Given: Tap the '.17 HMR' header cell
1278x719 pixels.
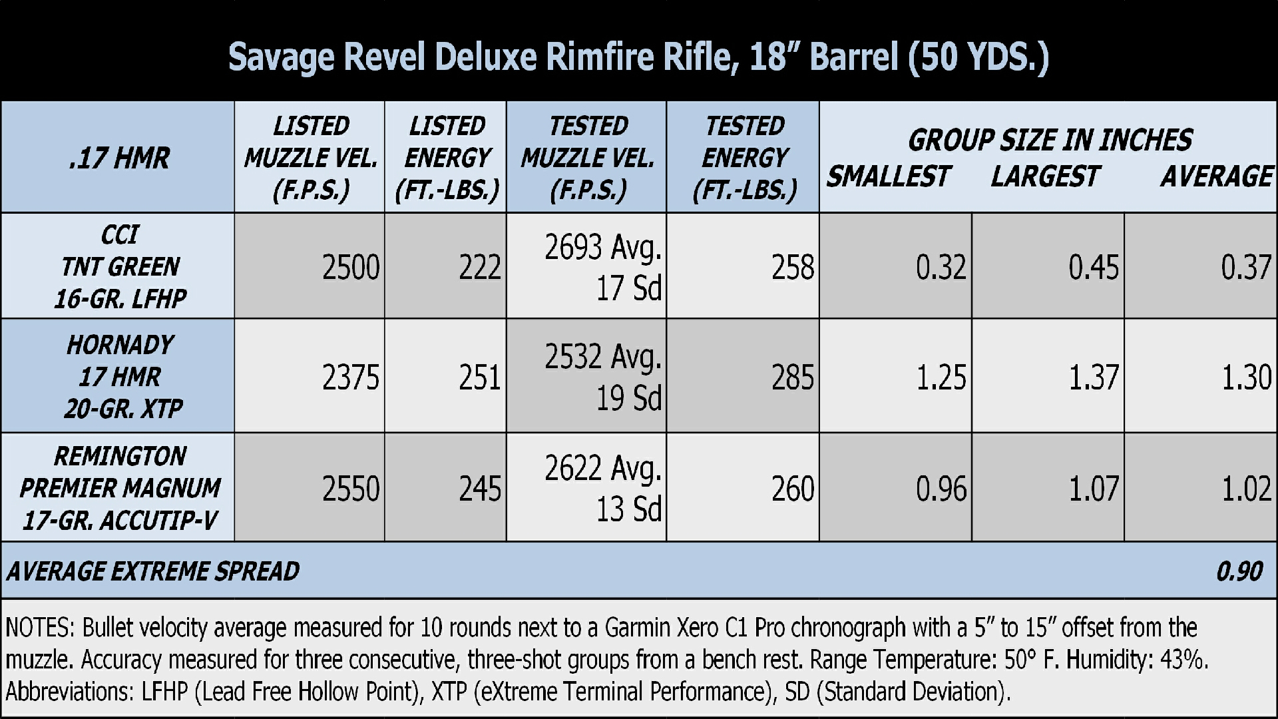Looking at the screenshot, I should tap(119, 158).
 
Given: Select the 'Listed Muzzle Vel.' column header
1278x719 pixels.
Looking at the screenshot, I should tap(310, 158).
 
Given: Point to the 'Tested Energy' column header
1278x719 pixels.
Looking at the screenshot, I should tap(744, 158).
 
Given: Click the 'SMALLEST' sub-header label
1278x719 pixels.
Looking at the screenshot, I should tap(888, 176).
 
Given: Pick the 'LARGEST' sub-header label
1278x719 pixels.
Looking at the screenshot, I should tap(1044, 176).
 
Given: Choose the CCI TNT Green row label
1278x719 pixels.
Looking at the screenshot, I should tap(120, 266).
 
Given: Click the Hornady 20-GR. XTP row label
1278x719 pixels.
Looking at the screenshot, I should tap(120, 376).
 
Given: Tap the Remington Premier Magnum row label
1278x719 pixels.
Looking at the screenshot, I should tap(120, 488).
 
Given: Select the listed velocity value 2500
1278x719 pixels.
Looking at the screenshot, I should tap(351, 268).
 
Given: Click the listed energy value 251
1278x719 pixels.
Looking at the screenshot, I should tap(479, 377).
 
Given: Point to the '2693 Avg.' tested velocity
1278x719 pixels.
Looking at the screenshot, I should tap(603, 248).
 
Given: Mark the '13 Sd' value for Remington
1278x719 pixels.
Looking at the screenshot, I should tap(628, 509).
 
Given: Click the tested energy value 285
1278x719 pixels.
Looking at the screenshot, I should tap(793, 377).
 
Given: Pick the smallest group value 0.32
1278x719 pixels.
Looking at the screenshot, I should tap(941, 268).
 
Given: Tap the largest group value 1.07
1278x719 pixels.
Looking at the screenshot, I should tap(1094, 489).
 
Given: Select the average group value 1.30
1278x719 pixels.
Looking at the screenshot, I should tap(1247, 377).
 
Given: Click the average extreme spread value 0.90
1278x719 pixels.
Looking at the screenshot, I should tap(1239, 571).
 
